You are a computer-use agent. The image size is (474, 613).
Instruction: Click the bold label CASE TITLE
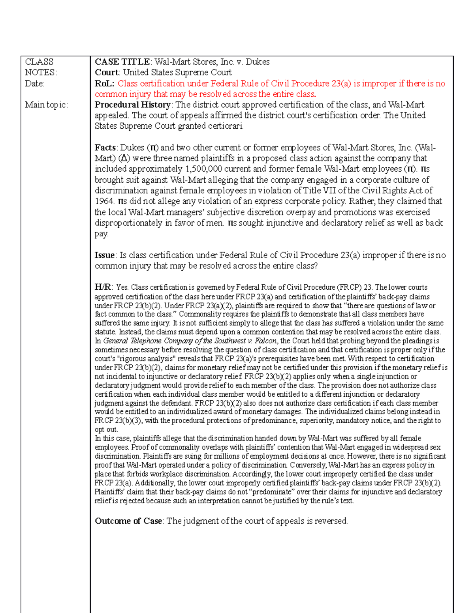(x=122, y=62)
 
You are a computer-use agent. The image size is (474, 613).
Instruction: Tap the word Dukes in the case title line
(x=258, y=62)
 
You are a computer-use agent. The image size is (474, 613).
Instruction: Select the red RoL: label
(x=104, y=84)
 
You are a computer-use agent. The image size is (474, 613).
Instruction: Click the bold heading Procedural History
(x=132, y=105)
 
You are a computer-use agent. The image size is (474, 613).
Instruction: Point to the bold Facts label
(x=105, y=148)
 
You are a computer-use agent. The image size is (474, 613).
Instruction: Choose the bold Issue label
(x=105, y=255)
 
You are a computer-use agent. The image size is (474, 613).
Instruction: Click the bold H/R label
(x=103, y=287)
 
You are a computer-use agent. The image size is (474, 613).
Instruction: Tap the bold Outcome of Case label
(x=128, y=521)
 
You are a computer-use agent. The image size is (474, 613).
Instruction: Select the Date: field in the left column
(x=35, y=84)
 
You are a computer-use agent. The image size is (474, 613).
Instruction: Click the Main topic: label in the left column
(x=46, y=105)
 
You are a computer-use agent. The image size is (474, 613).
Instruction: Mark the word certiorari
(x=226, y=126)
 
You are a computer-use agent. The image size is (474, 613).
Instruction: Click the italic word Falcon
(x=265, y=341)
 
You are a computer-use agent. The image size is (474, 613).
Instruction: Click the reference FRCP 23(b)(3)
(x=119, y=421)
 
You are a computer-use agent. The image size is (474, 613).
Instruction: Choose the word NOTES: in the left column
(x=41, y=73)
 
